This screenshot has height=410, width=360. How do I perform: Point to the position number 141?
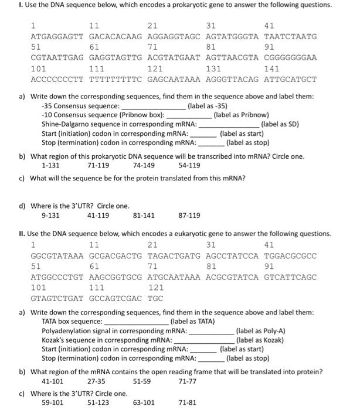pos(272,69)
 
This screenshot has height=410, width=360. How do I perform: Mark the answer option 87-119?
pos(189,215)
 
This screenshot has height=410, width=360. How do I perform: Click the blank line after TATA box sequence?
pos(135,322)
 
